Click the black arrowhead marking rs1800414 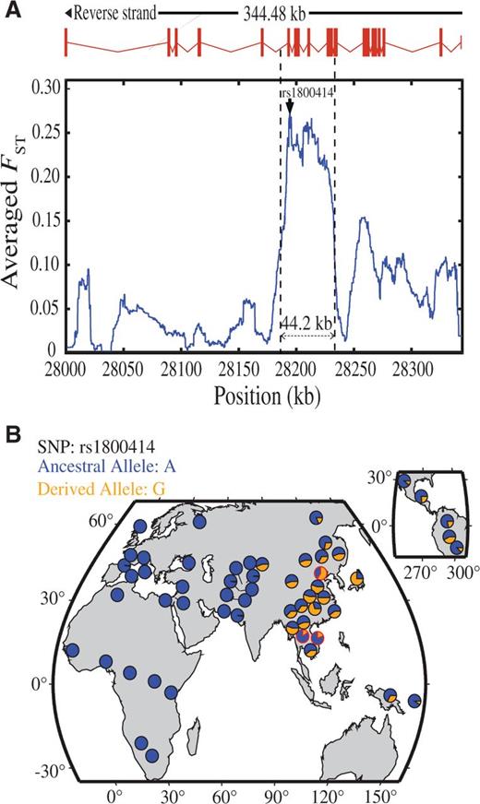(x=289, y=108)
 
